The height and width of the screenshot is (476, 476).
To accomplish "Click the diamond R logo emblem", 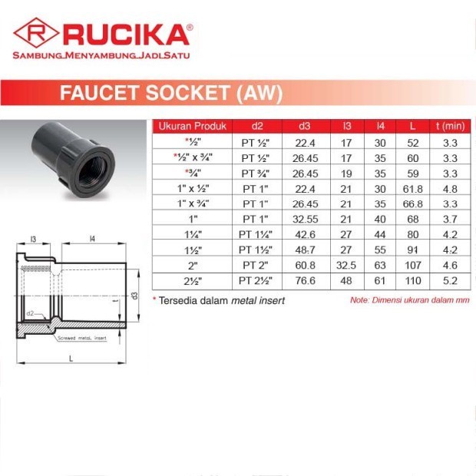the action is (36, 32).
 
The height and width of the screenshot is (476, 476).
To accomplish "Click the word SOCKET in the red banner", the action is (187, 93).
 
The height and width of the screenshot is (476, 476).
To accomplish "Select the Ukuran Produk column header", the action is (193, 126).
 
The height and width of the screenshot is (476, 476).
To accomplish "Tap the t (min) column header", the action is (450, 126).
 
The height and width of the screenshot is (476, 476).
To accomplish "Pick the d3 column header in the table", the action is (305, 126).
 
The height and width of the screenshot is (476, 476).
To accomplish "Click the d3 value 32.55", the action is (305, 219).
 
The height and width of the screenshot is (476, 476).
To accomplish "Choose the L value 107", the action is (413, 265).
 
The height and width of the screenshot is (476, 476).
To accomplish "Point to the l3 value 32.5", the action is (346, 265).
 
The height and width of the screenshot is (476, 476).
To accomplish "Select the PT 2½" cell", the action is (256, 280).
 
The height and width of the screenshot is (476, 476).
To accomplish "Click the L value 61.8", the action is (413, 189).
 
